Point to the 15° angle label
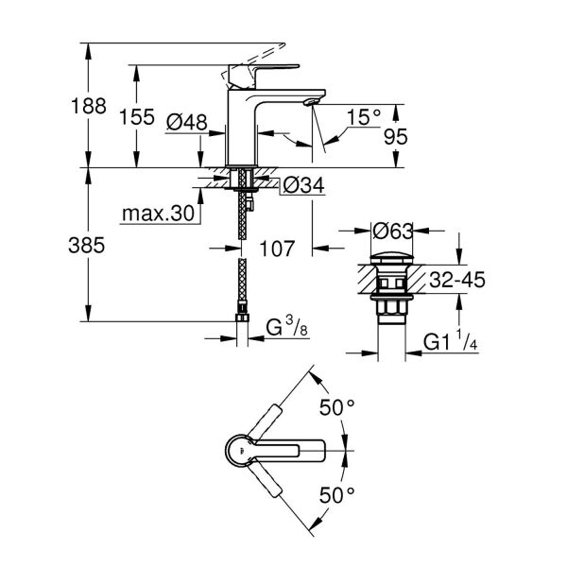[364, 118]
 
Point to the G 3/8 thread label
[283, 331]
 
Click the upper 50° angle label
[336, 408]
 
